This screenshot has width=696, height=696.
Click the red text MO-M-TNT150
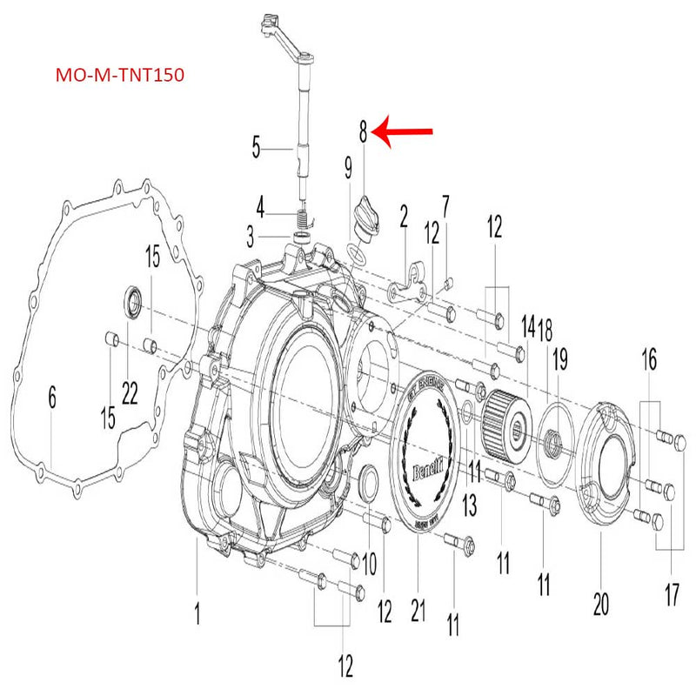[119, 76]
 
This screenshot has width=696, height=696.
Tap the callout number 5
[256, 147]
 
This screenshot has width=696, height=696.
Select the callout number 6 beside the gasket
[52, 399]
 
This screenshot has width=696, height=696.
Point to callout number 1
[197, 615]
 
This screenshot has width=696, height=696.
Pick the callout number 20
[600, 603]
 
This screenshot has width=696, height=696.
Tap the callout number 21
[418, 612]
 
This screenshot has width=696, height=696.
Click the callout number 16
[650, 358]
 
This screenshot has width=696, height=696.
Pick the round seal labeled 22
[135, 300]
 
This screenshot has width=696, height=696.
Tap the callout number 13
[470, 504]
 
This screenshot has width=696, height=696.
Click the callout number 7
[445, 208]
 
